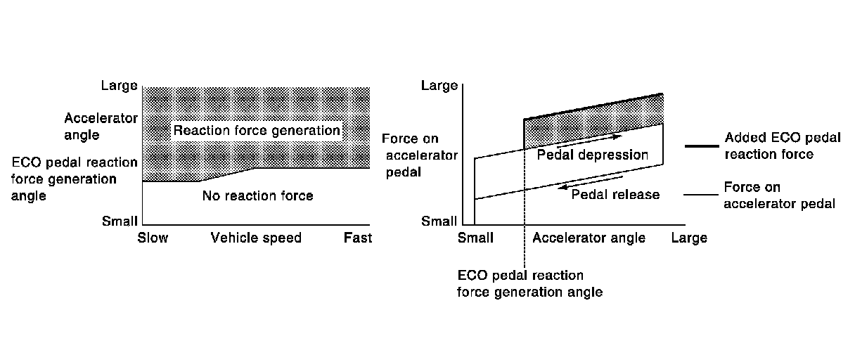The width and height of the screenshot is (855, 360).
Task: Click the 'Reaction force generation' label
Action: tap(257, 131)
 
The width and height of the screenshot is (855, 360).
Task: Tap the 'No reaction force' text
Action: tap(257, 195)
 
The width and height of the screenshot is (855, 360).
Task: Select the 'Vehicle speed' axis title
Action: tap(256, 238)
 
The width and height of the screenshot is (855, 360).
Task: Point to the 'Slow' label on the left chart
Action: tap(153, 238)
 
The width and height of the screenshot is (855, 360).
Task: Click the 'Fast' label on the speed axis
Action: tap(357, 238)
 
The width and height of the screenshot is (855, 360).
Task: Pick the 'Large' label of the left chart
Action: tap(119, 86)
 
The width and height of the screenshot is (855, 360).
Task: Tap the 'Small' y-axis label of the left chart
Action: tap(120, 221)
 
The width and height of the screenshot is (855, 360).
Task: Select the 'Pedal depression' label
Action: tap(592, 155)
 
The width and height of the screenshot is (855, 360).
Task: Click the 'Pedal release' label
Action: tap(615, 194)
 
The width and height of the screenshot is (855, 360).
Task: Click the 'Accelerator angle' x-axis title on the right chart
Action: tap(589, 238)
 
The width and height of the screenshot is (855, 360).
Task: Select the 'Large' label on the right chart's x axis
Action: tap(688, 238)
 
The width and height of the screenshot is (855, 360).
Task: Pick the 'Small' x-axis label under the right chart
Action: tap(476, 238)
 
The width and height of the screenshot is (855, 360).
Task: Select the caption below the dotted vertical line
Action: tap(529, 283)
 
